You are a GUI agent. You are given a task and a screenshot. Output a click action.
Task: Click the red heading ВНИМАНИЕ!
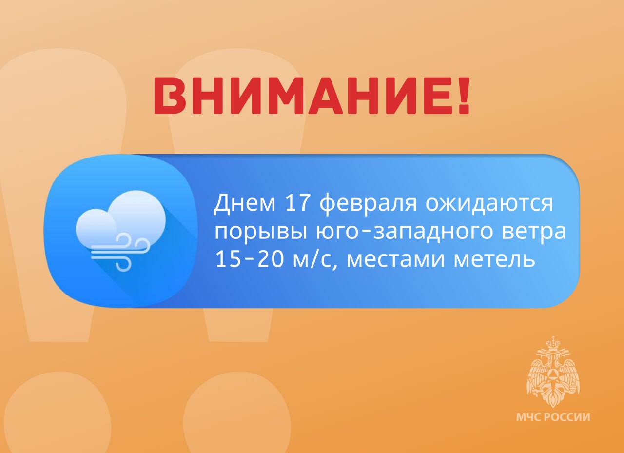pos(312,95)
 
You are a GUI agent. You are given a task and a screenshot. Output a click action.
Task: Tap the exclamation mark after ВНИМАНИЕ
pos(464,95)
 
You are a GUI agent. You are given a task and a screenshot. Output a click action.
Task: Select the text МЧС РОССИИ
pos(553,417)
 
